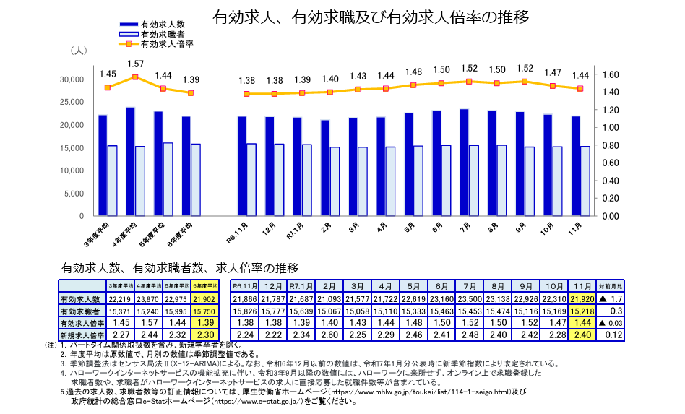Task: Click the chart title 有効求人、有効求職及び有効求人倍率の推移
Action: pyautogui.click(x=371, y=17)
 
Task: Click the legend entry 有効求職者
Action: pyautogui.click(x=162, y=34)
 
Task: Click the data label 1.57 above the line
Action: pyautogui.click(x=135, y=64)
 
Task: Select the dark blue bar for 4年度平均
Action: pyautogui.click(x=130, y=162)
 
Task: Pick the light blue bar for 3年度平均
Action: pyautogui.click(x=112, y=181)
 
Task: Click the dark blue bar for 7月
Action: pyautogui.click(x=464, y=163)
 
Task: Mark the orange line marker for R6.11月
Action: pyautogui.click(x=246, y=94)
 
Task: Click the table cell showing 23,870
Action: pyautogui.click(x=147, y=298)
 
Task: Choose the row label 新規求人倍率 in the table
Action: pyautogui.click(x=82, y=335)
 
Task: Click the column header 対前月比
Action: pyautogui.click(x=611, y=286)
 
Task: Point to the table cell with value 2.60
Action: pyautogui.click(x=329, y=335)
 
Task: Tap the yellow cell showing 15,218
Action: pyautogui.click(x=582, y=311)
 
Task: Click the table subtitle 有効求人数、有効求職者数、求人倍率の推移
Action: pyautogui.click(x=179, y=268)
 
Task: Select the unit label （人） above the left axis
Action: pyautogui.click(x=79, y=51)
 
